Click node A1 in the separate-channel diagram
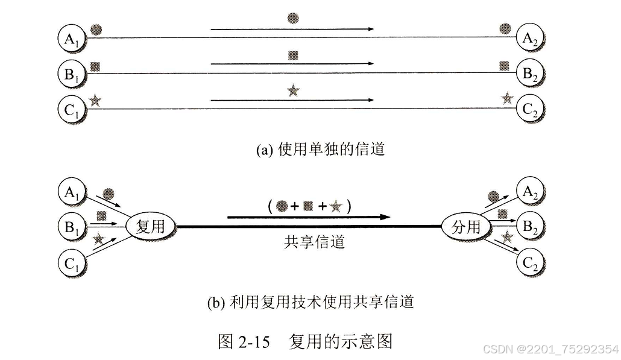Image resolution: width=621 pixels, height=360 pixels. (74, 39)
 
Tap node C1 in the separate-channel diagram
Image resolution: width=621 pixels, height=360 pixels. (74, 109)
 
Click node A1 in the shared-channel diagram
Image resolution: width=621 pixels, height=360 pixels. (74, 192)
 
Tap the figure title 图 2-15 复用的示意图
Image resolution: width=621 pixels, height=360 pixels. (304, 341)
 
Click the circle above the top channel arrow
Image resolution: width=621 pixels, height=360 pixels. (292, 18)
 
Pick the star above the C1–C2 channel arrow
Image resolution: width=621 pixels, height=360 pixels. (293, 91)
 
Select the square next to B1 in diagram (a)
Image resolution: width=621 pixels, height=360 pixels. (95, 65)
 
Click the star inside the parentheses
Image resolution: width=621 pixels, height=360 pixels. (336, 207)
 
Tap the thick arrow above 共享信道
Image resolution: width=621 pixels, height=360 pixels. (308, 216)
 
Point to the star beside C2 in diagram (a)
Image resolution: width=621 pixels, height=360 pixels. (508, 98)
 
